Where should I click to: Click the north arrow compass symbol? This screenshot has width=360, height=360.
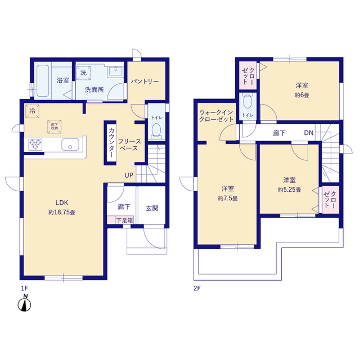pyautogui.click(x=24, y=304)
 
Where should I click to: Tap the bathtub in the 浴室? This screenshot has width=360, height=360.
pyautogui.click(x=43, y=81)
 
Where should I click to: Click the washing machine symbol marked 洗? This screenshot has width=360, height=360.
pyautogui.click(x=83, y=73)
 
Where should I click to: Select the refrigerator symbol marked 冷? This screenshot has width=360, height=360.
pyautogui.click(x=33, y=111)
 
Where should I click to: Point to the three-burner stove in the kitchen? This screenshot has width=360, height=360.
pyautogui.click(x=35, y=145)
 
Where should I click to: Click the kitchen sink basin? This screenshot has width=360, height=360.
pyautogui.click(x=70, y=145)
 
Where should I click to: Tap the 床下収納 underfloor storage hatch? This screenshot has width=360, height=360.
pyautogui.click(x=55, y=127)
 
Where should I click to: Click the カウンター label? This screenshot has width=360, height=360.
pyautogui.click(x=111, y=142)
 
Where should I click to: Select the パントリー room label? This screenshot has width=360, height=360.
pyautogui.click(x=145, y=82)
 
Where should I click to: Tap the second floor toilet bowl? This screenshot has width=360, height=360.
pyautogui.click(x=247, y=101)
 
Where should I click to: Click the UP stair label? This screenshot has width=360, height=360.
pyautogui.click(x=129, y=175)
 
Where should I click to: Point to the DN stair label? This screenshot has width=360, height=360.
pyautogui.click(x=309, y=133)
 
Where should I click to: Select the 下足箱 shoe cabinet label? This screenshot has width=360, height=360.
pyautogui.click(x=125, y=220)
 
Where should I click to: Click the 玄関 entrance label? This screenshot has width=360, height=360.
pyautogui.click(x=152, y=208)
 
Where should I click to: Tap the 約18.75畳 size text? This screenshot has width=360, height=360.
pyautogui.click(x=62, y=213)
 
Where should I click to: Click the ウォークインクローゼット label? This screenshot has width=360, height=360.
pyautogui.click(x=216, y=116)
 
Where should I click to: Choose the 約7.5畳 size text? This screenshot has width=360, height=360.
pyautogui.click(x=228, y=199)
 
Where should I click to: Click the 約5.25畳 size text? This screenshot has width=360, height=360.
pyautogui.click(x=289, y=190)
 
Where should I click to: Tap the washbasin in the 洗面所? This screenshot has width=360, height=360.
pyautogui.click(x=115, y=71)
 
